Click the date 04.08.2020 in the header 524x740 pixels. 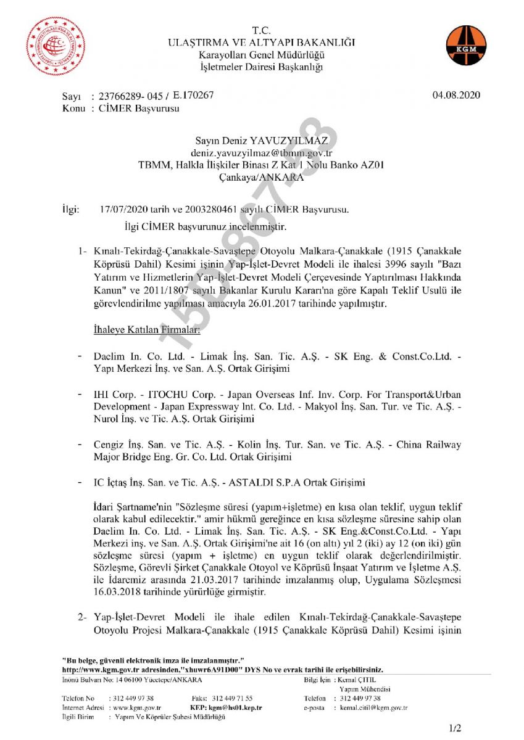(456, 95)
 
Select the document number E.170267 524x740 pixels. (193, 95)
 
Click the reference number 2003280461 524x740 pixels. (204, 210)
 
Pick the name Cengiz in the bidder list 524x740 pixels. (110, 444)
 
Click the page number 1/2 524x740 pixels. (455, 728)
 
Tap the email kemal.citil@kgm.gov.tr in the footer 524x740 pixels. (373, 708)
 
